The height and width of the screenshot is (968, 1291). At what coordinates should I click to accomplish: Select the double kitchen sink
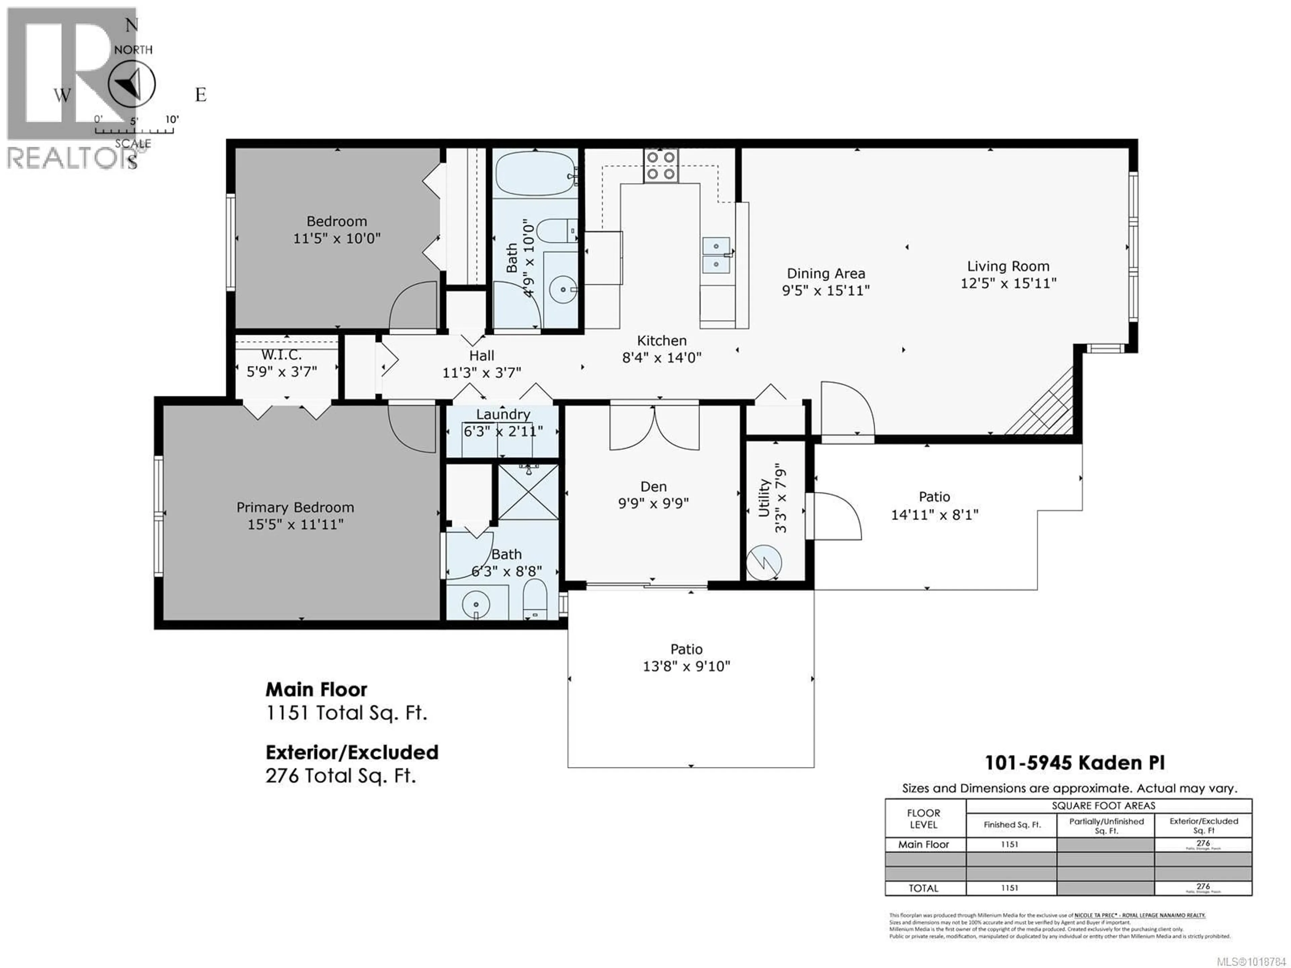[x=715, y=255]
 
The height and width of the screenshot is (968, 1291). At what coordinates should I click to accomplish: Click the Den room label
[x=653, y=487]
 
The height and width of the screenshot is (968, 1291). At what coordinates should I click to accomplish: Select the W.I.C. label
[x=281, y=355]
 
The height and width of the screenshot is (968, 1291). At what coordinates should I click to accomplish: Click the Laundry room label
[x=503, y=415]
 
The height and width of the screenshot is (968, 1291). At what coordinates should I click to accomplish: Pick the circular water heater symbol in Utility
[x=764, y=562]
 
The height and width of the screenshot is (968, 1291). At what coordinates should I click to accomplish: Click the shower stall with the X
[x=528, y=492]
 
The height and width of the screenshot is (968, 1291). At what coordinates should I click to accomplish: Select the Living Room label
[x=1008, y=267]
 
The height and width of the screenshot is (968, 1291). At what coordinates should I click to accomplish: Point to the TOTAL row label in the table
[x=923, y=888]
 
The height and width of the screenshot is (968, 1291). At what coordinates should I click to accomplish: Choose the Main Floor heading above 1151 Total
[x=316, y=690]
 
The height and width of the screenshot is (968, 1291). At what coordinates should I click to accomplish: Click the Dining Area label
[x=826, y=274]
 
